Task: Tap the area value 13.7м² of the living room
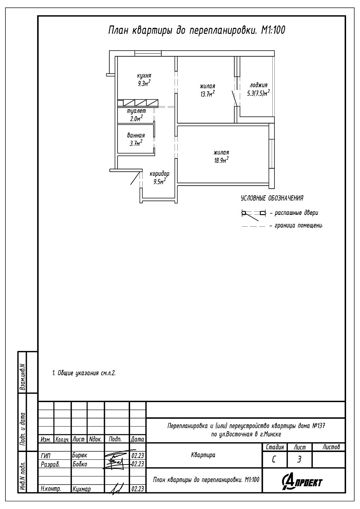coord(208,94)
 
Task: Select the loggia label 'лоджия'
coord(258,86)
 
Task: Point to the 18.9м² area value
coord(221,160)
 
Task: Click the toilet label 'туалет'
coord(136,111)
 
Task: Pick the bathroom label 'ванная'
coord(136,135)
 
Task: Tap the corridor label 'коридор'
coord(159,174)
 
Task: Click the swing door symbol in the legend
coord(254,215)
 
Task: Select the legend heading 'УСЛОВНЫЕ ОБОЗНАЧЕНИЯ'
coord(272,199)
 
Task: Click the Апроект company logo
coord(302,482)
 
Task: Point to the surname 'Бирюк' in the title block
coord(79,455)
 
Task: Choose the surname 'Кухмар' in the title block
coord(82,489)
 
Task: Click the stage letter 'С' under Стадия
coord(274,460)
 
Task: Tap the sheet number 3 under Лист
coord(299,460)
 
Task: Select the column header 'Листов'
coord(331,447)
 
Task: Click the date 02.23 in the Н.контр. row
coord(138,489)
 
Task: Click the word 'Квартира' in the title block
coord(203,455)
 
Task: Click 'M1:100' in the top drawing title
coord(273,30)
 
